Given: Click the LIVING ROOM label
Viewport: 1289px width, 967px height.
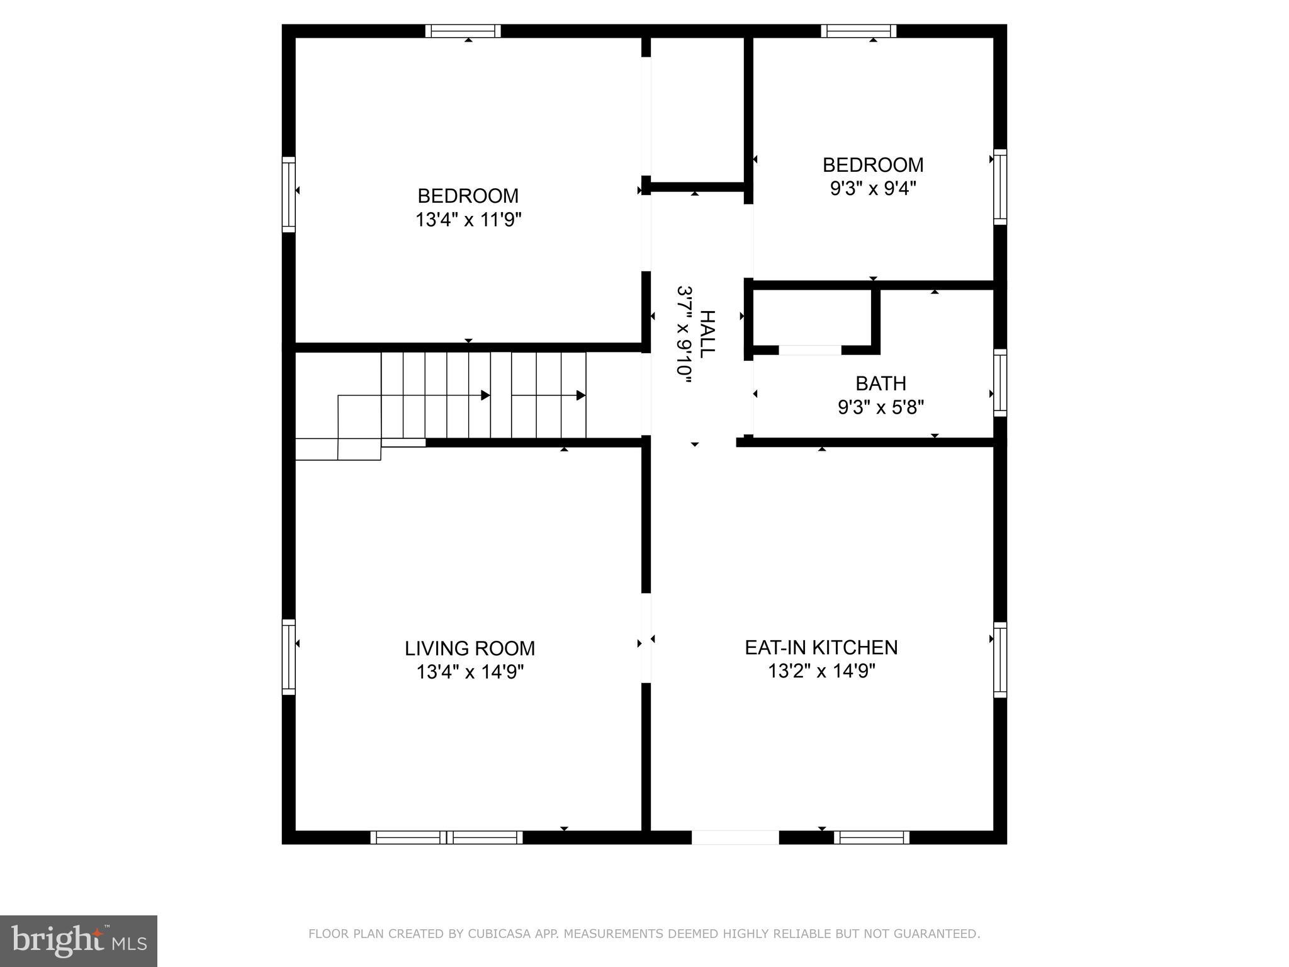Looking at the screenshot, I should (x=470, y=648).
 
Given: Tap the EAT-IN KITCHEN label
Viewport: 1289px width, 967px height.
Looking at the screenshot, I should (x=821, y=647).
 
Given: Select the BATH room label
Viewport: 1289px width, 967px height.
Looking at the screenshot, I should (x=881, y=383).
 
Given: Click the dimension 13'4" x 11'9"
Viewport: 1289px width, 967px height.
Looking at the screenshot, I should (x=468, y=220).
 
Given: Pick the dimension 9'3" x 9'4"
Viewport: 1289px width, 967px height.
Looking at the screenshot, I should (x=873, y=188).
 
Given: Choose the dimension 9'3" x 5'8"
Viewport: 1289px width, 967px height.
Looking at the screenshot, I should (x=881, y=408).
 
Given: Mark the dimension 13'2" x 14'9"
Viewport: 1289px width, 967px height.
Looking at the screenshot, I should (x=821, y=671).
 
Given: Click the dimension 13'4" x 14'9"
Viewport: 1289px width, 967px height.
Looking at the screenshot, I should (x=470, y=672).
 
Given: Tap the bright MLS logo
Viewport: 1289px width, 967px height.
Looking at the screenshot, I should (x=79, y=941).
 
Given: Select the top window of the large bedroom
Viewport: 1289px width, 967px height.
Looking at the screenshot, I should (x=463, y=31).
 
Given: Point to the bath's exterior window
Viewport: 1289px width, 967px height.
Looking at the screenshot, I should (x=999, y=383).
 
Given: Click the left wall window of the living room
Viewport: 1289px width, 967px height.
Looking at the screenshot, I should (x=288, y=657).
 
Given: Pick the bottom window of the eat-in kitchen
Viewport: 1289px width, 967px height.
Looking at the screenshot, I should (x=872, y=837).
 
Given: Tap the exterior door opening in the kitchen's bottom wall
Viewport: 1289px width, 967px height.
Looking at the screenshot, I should (x=735, y=837).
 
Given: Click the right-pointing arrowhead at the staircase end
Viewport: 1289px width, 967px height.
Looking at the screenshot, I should (x=581, y=395).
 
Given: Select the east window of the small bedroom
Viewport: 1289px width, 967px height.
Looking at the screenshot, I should (x=999, y=187).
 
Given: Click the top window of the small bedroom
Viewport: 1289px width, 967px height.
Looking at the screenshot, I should (x=858, y=31).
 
